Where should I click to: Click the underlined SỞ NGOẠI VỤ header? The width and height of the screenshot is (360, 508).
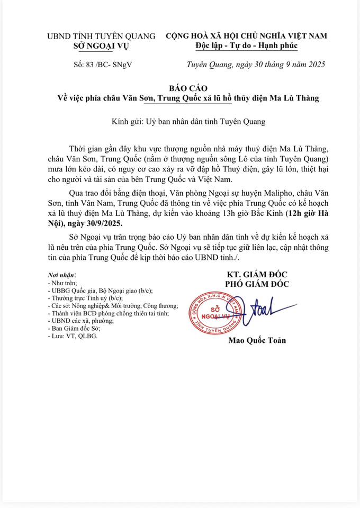pyautogui.click(x=101, y=46)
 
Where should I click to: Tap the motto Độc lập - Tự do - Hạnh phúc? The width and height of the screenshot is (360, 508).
pyautogui.click(x=246, y=46)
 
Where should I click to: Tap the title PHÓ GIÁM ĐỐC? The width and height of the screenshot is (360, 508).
pyautogui.click(x=258, y=284)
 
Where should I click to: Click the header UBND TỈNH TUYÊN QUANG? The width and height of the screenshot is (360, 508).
pyautogui.click(x=101, y=36)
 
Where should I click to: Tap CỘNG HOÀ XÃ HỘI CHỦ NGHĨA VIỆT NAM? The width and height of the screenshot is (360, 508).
pyautogui.click(x=246, y=36)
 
